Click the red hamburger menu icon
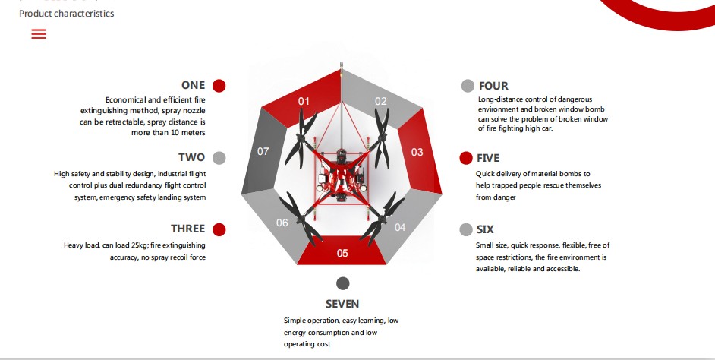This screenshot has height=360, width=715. click(x=39, y=33)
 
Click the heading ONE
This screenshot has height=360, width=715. click(x=194, y=85)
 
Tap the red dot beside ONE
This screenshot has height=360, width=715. click(x=219, y=86)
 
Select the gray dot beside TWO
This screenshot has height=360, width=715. click(x=219, y=158)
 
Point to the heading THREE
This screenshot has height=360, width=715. click(x=188, y=229)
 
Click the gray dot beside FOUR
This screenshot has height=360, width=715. click(x=468, y=86)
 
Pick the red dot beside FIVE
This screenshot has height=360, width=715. click(x=465, y=158)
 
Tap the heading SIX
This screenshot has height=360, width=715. click(x=485, y=229)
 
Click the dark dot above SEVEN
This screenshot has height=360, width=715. click(x=342, y=283)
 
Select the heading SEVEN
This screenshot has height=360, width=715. click(x=342, y=304)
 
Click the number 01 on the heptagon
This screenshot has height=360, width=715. click(x=304, y=101)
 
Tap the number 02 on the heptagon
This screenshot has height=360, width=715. click(x=381, y=101)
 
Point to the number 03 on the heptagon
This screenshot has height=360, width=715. click(x=417, y=152)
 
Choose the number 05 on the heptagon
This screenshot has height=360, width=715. click(x=342, y=253)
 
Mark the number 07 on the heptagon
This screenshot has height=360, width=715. click(x=263, y=151)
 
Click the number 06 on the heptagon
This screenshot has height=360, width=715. click(x=282, y=223)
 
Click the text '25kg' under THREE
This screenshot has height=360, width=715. click(x=139, y=245)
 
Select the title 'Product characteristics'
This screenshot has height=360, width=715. click(x=67, y=13)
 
